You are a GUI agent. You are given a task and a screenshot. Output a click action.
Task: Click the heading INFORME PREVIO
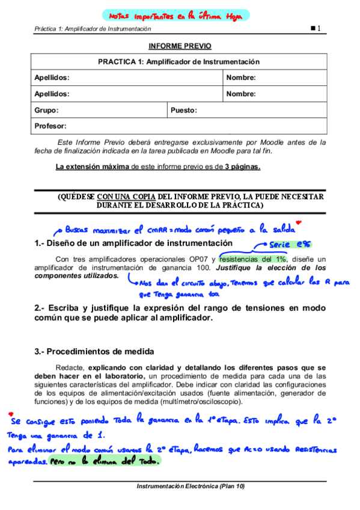point(180,46)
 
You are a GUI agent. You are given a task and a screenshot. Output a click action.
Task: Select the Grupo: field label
point(46,110)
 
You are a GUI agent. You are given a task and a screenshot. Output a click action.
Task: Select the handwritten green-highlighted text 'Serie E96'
point(290,245)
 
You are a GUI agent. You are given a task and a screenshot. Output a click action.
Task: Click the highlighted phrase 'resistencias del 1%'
point(252,259)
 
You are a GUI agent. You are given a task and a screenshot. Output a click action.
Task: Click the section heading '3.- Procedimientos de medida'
point(94,351)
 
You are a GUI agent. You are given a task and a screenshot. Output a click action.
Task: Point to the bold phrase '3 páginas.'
point(243,167)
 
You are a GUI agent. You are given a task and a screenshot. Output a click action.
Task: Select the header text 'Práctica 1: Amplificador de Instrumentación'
point(93,28)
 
